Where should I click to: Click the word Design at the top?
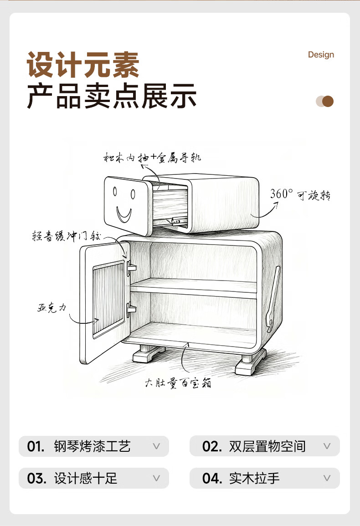[x=321, y=55]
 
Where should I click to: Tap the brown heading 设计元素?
[x=83, y=65]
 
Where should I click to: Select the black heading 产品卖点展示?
[x=112, y=96]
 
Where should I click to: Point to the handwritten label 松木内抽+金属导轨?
[x=152, y=158]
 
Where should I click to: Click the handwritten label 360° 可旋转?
[x=300, y=194]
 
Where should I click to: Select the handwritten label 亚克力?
[x=51, y=307]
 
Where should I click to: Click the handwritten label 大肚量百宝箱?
[x=178, y=383]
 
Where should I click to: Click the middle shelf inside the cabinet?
[x=194, y=286]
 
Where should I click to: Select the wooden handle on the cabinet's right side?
[x=273, y=298]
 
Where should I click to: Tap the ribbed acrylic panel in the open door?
[x=108, y=300]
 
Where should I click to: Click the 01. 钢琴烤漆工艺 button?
[x=93, y=446]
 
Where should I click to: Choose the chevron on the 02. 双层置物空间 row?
[x=327, y=446]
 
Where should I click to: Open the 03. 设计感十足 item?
[x=93, y=478]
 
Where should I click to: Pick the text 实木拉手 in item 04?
[x=254, y=478]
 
